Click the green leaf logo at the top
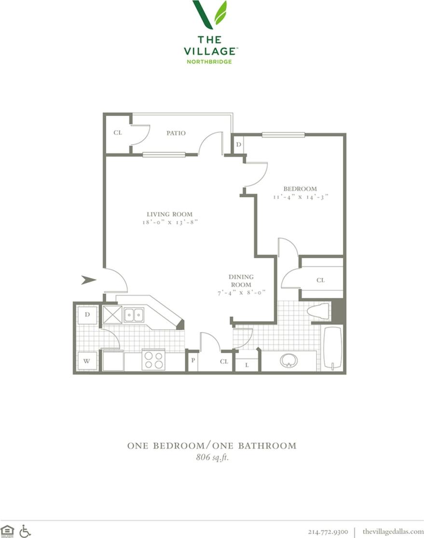[x=210, y=14]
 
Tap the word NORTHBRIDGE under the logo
[x=209, y=62]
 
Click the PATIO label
[x=176, y=133]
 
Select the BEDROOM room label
[x=300, y=188]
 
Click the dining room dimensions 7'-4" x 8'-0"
[x=241, y=293]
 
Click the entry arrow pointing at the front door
[x=88, y=280]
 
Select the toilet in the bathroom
[x=318, y=311]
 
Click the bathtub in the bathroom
[x=332, y=349]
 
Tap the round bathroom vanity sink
[x=289, y=360]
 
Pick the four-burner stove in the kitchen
[x=153, y=360]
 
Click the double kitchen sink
[x=133, y=315]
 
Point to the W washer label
[x=87, y=361]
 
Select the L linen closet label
[x=246, y=365]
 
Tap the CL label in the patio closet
[x=117, y=133]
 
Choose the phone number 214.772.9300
[x=328, y=532]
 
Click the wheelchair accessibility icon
[x=25, y=531]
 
